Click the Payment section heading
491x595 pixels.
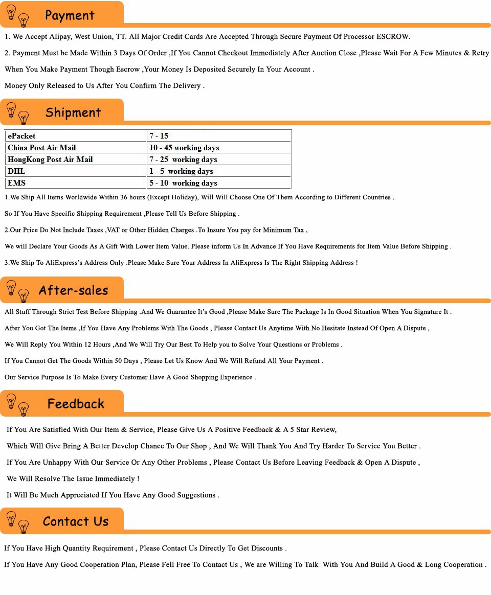[70, 15]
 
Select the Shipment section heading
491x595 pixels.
[73, 112]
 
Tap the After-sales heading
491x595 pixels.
[73, 290]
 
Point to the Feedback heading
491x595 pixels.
[76, 404]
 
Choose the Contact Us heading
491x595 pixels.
[76, 521]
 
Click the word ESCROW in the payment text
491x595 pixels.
[393, 37]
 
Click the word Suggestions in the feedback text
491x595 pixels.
[194, 495]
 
